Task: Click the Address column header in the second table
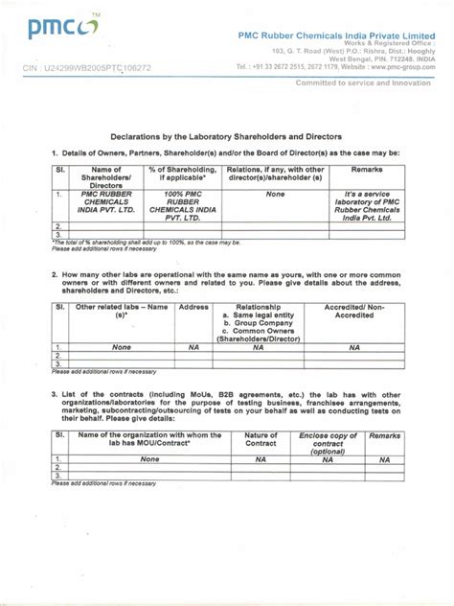point(193,309)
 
